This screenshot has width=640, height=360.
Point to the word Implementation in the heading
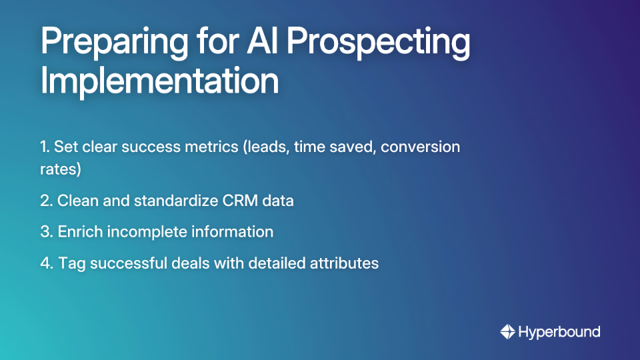pyautogui.click(x=159, y=81)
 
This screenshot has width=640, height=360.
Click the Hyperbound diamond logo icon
pyautogui.click(x=507, y=331)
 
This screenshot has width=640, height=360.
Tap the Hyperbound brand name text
pyautogui.click(x=559, y=332)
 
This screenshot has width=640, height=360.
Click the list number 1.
pyautogui.click(x=44, y=147)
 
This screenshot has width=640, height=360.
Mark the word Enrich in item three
pyautogui.click(x=78, y=232)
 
